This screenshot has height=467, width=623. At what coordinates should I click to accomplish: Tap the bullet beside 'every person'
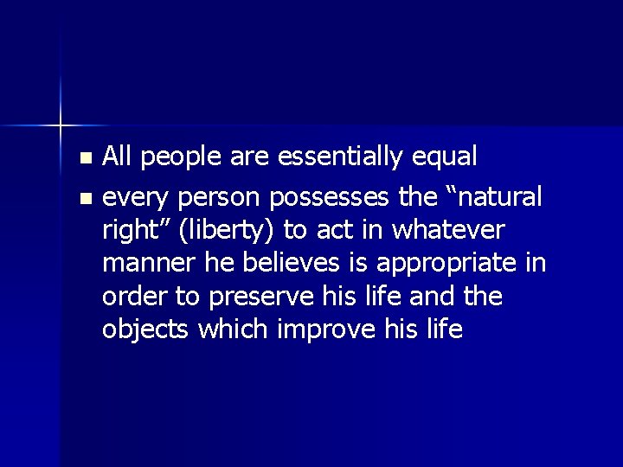84,200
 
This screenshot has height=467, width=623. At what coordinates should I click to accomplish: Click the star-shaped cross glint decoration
61,126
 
